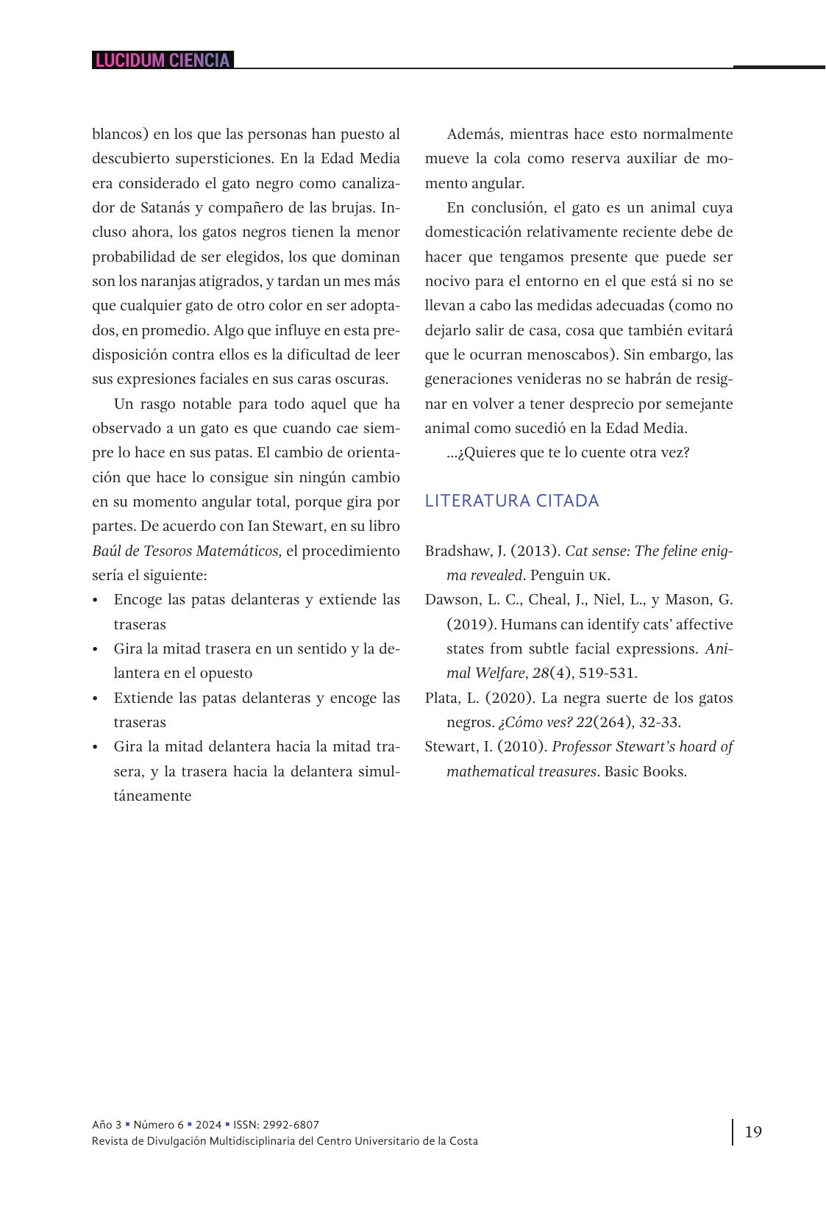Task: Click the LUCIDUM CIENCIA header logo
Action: point(163,60)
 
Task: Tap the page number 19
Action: point(753,1131)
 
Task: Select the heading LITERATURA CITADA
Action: point(512,501)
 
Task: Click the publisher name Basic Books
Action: point(645,771)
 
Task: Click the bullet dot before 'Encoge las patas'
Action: point(96,600)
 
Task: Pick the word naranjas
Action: point(166,281)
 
